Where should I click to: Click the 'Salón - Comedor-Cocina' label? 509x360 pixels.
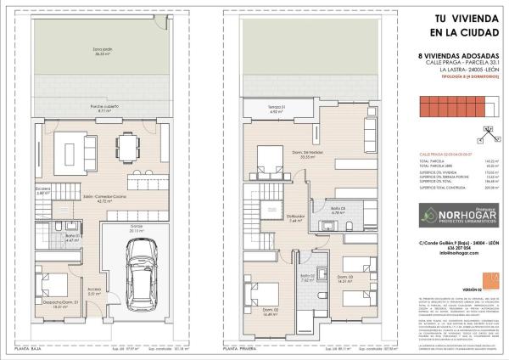pyautogui.click(x=104, y=200)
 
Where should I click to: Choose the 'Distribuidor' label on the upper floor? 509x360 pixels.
pyautogui.click(x=296, y=217)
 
